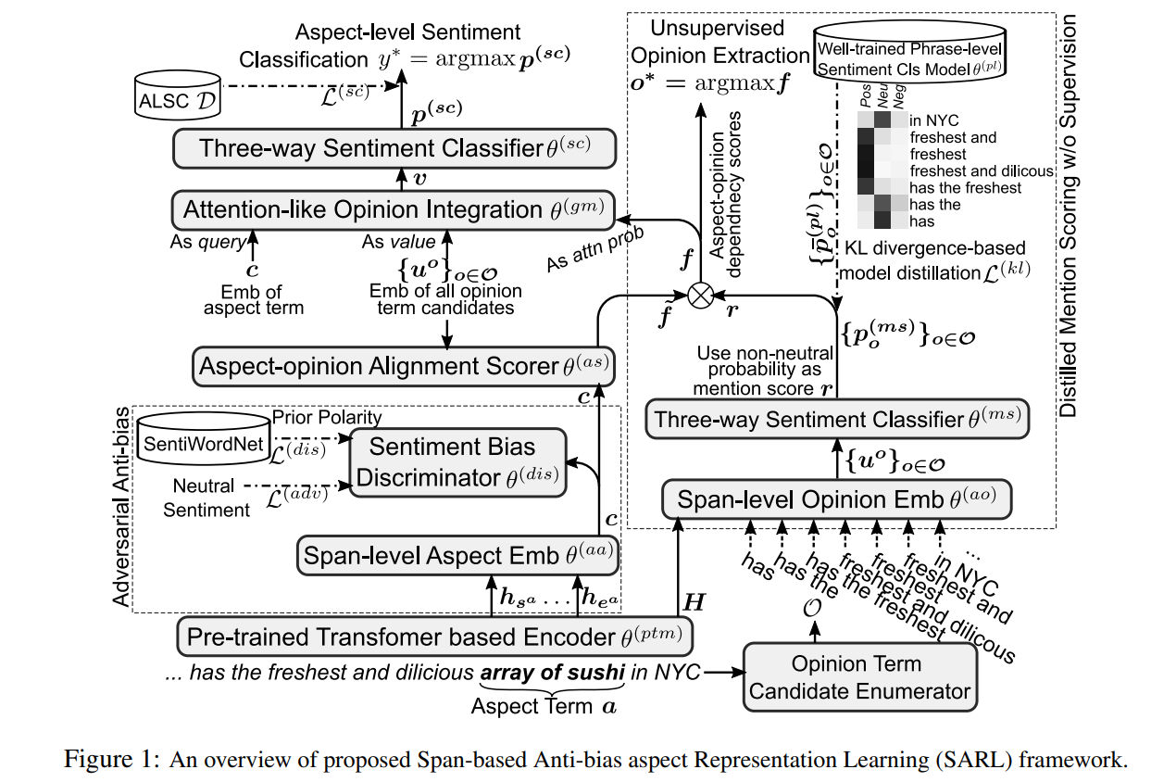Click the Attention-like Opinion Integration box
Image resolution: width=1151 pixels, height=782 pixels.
[393, 210]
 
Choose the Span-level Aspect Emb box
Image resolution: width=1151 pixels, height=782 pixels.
[457, 556]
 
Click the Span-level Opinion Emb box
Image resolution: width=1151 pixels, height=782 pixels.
[836, 500]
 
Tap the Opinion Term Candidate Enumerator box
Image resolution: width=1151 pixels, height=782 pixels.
[861, 677]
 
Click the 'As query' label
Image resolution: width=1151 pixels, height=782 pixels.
[209, 243]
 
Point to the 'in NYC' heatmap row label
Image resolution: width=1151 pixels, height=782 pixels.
[935, 120]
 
